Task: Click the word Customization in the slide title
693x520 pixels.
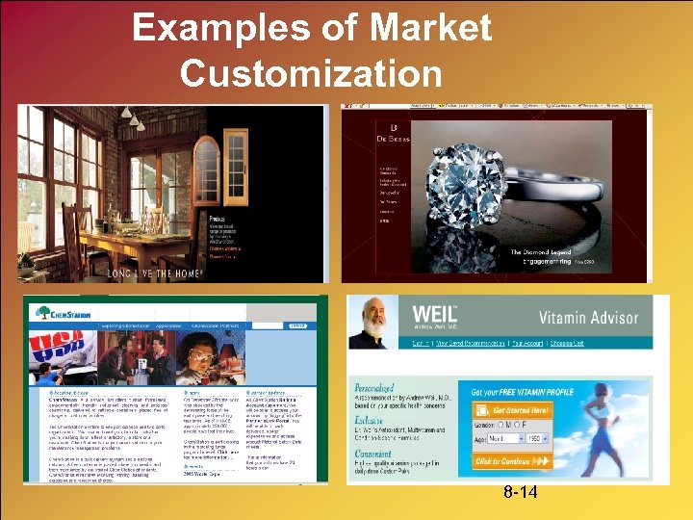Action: pos(311,72)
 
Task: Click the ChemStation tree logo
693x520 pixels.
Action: pos(43,312)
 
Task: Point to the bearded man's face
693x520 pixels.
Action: pos(376,317)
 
